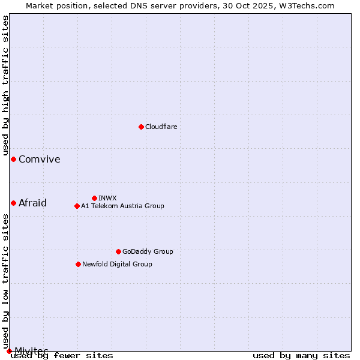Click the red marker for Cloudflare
141,127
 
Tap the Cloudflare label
161,127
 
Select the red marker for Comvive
13,159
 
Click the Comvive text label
40,159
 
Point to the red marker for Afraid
13,203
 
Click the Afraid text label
32,203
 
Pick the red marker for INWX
94,198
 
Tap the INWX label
107,198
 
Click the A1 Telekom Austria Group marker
77,206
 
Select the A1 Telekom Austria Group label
122,206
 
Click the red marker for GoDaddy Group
118,251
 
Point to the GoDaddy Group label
148,251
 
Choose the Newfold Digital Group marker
78,264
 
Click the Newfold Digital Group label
117,264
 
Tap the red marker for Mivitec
9,350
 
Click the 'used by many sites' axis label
301,355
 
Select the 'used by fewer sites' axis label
62,355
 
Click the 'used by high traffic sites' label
6,85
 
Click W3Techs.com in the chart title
304,5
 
